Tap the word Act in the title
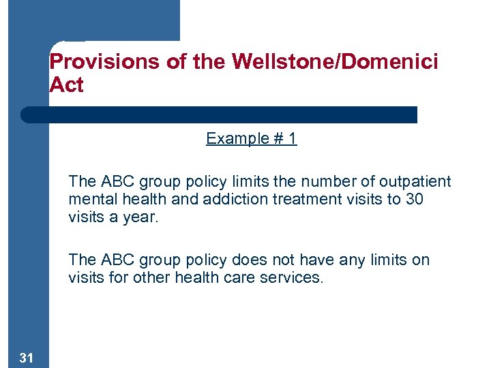(66, 86)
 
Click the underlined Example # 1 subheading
(251, 139)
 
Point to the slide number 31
(27, 358)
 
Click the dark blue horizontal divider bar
(218, 114)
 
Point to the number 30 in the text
(415, 199)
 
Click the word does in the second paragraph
(248, 260)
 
